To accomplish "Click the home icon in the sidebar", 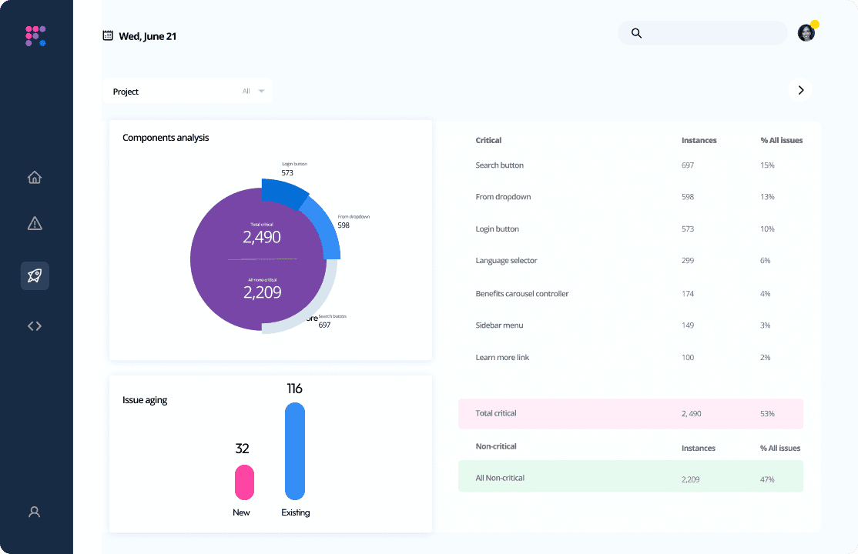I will pyautogui.click(x=35, y=178).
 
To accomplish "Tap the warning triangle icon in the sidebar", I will pyautogui.click(x=35, y=224).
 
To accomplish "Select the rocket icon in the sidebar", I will pyautogui.click(x=35, y=275).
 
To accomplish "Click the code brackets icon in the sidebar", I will pyautogui.click(x=35, y=325).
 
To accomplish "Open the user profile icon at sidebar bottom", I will pyautogui.click(x=35, y=512).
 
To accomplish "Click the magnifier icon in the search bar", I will pyautogui.click(x=636, y=33).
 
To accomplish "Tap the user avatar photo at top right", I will pyautogui.click(x=806, y=33).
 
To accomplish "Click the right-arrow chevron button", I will pyautogui.click(x=800, y=90).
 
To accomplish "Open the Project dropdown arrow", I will pyautogui.click(x=261, y=91).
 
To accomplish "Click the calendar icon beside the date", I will pyautogui.click(x=108, y=35).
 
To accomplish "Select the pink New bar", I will pyautogui.click(x=244, y=482).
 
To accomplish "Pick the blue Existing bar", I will pyautogui.click(x=295, y=451).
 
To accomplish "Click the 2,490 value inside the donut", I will pyautogui.click(x=262, y=238).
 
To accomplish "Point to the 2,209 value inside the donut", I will pyautogui.click(x=262, y=292).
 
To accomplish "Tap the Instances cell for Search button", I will pyautogui.click(x=688, y=165).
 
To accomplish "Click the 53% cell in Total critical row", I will pyautogui.click(x=767, y=414).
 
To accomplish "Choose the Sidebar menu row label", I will pyautogui.click(x=499, y=325).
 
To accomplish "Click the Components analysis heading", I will pyautogui.click(x=166, y=138).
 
